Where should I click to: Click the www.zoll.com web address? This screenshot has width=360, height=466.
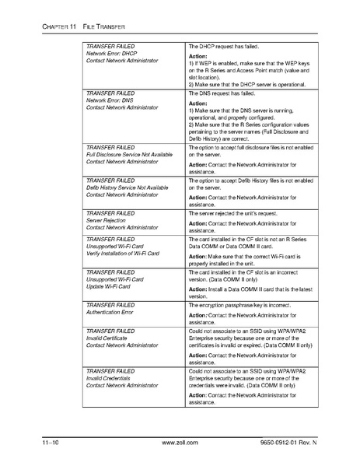[x=179, y=443]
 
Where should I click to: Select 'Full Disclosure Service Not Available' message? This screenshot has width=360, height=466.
[x=129, y=155]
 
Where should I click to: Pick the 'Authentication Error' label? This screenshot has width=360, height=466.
[x=110, y=313]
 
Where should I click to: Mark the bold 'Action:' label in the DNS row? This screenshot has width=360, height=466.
[x=199, y=103]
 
